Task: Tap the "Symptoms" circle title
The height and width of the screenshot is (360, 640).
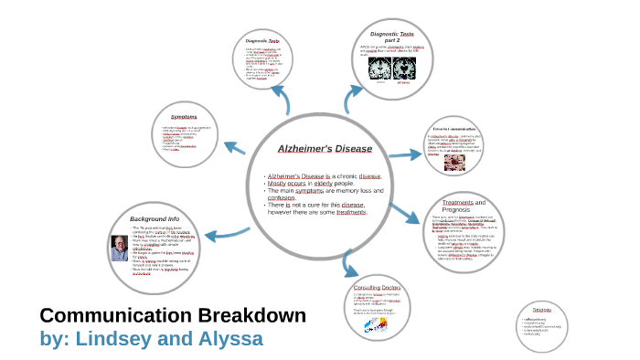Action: pos(184,117)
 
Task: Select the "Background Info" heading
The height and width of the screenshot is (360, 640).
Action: pos(155,220)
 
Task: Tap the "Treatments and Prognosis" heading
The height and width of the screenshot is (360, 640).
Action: pos(464,206)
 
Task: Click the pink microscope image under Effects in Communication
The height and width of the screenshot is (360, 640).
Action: pos(453,163)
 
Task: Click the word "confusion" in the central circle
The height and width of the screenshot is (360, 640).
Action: pos(284,198)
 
